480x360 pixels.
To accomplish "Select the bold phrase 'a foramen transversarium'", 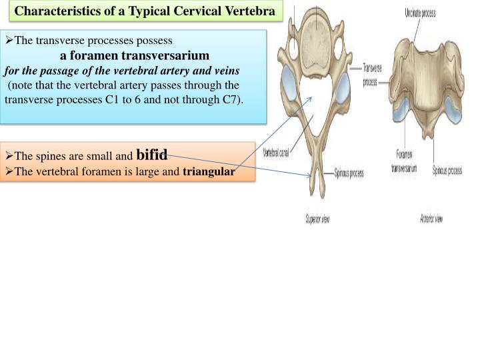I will pyautogui.click(x=135, y=55).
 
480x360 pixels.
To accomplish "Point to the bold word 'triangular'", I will pyautogui.click(x=209, y=172).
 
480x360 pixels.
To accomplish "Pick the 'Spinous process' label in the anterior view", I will pyautogui.click(x=447, y=170).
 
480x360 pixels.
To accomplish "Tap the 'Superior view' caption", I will pyautogui.click(x=318, y=220).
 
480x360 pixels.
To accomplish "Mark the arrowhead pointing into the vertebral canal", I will pyautogui.click(x=312, y=99).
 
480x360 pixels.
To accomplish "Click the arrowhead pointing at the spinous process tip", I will pyautogui.click(x=310, y=176).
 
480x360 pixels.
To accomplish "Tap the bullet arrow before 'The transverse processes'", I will pyautogui.click(x=9, y=40).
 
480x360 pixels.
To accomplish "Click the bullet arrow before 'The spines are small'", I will pyautogui.click(x=9, y=157).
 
